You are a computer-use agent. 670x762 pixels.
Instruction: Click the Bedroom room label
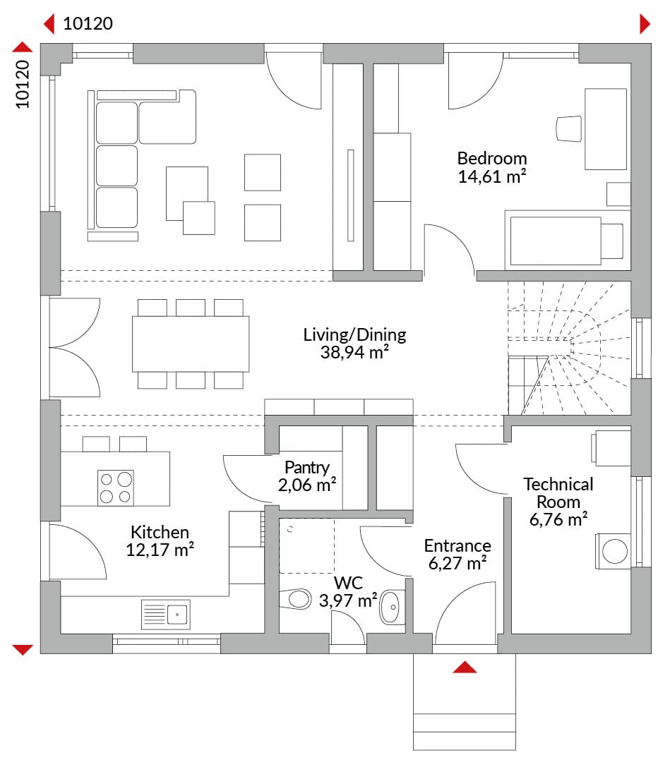click(x=491, y=159)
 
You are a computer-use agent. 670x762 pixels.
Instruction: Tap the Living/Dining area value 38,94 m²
click(x=354, y=352)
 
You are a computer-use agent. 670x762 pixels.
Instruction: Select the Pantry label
click(x=307, y=468)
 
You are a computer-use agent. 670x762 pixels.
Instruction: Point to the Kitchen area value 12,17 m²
click(x=160, y=550)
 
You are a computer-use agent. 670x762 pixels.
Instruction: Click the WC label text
click(x=348, y=583)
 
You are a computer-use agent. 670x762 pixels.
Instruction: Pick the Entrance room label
click(x=457, y=545)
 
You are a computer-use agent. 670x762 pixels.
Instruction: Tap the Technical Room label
click(x=558, y=492)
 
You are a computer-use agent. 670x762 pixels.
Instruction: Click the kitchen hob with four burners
click(x=116, y=488)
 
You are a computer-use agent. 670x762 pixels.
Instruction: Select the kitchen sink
click(x=165, y=615)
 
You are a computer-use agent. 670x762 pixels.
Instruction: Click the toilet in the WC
click(x=296, y=599)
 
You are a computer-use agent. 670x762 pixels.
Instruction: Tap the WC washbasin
click(x=392, y=607)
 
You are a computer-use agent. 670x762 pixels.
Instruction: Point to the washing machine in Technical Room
click(x=613, y=551)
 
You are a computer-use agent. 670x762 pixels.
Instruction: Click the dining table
click(x=191, y=344)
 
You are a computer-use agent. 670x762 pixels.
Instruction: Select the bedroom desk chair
click(x=569, y=129)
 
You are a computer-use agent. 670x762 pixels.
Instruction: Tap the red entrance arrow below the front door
click(x=465, y=667)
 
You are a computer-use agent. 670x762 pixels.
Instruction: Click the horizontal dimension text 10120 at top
click(x=88, y=23)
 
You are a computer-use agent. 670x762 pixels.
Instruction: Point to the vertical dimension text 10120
click(x=23, y=84)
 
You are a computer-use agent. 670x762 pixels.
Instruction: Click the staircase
click(x=569, y=348)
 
